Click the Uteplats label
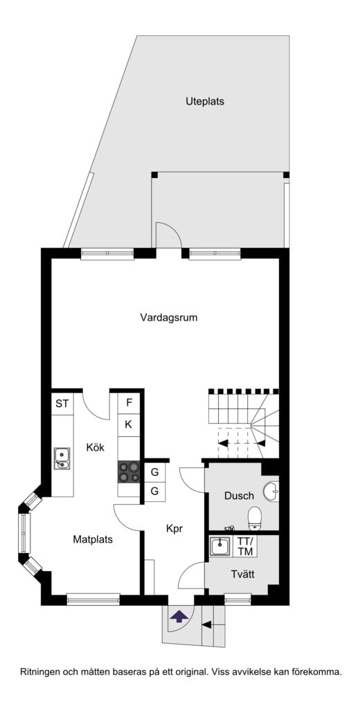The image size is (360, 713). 204,101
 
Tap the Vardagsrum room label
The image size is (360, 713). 169,318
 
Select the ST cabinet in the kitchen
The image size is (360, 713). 62,403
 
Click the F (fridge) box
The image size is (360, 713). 129,403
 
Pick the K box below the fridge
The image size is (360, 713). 129,425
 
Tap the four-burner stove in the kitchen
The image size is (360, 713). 129,471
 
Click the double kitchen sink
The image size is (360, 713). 62,458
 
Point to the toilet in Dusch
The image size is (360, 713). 255,519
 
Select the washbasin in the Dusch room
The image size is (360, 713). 273,490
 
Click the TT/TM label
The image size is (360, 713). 245,546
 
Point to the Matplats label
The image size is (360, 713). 93,540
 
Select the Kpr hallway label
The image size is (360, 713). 174,529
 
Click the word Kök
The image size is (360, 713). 96,447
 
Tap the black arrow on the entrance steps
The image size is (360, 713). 206,625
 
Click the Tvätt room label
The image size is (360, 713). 242,575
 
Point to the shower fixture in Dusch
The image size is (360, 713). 230,528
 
